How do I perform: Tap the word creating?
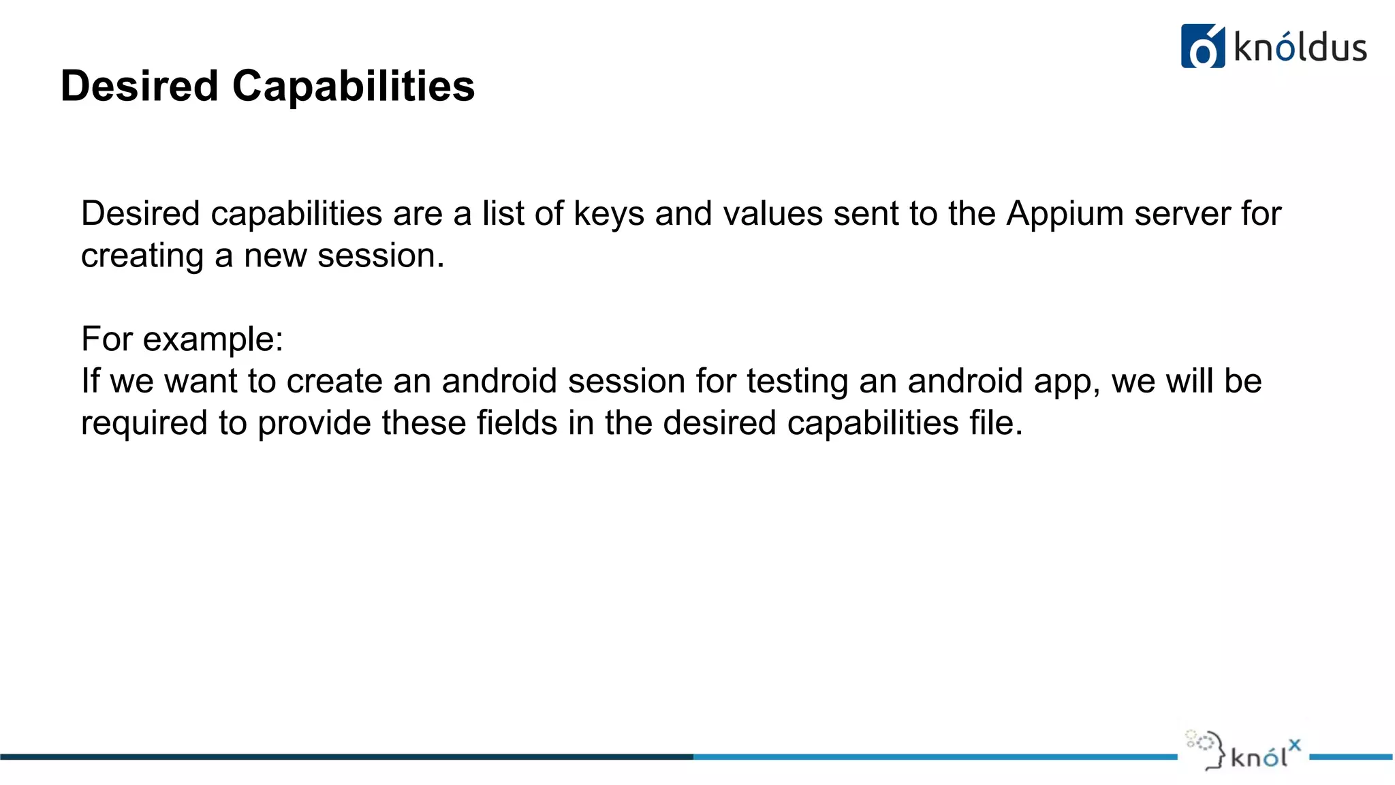(142, 257)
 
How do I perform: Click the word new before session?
(275, 256)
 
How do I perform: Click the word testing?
(797, 382)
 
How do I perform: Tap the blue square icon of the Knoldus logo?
(1202, 46)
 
